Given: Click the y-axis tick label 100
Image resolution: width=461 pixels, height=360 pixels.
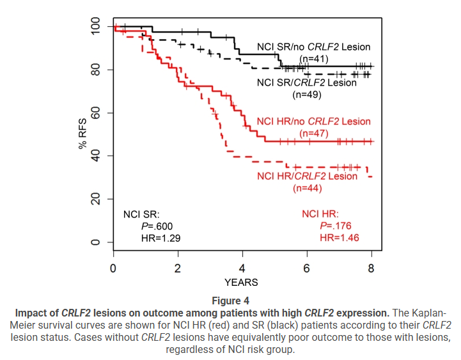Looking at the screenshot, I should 95,27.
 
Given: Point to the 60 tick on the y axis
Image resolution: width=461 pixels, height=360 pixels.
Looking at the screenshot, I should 95,113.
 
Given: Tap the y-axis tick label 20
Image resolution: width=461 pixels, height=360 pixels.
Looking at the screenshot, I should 95,200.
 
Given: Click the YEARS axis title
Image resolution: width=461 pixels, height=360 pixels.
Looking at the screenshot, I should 241,282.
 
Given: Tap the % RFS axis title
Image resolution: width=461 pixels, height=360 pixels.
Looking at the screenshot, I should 82,134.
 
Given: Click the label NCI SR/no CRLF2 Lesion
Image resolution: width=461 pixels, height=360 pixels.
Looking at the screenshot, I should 313,47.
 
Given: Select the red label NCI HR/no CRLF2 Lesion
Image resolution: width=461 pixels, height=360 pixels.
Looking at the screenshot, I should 313,121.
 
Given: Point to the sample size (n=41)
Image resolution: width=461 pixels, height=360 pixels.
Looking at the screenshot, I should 313,59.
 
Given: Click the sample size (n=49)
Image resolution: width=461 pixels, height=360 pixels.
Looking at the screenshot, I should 307,95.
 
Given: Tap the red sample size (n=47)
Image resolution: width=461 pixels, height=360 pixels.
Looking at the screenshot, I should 313,134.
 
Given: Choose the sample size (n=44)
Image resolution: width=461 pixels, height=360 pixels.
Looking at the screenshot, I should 307,188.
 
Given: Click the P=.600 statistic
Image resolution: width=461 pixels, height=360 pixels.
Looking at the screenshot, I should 157,226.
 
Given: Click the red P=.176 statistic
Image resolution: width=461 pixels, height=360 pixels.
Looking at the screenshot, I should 335,226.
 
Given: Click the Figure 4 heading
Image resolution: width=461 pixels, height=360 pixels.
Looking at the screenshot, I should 230,301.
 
